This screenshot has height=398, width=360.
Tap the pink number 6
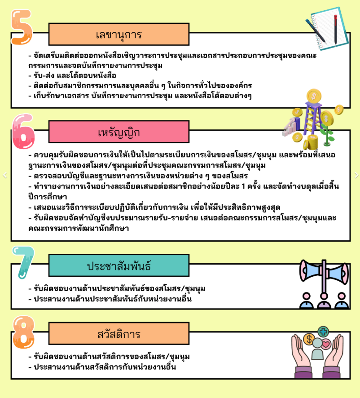point(23,132)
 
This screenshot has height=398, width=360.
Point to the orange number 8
point(23,332)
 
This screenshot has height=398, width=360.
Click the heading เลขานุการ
point(119,35)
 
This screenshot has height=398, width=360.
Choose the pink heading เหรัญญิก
point(119,132)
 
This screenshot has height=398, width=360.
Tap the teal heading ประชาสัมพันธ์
point(119,265)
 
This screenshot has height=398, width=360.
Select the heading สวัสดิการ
point(119,334)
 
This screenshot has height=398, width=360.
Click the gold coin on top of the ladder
point(314,96)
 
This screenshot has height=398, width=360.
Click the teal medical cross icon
point(323,332)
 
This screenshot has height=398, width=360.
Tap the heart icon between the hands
point(326,344)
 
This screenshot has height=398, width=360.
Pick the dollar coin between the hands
point(309,339)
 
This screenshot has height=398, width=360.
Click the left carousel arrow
point(4,175)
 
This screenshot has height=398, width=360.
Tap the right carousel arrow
point(356,175)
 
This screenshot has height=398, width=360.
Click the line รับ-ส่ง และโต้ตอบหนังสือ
point(72,75)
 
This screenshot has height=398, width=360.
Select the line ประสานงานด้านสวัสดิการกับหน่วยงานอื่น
point(102,367)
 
